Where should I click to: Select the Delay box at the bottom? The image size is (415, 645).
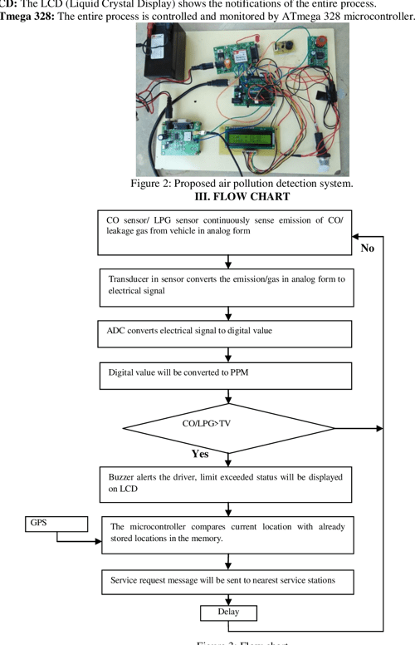[228, 613]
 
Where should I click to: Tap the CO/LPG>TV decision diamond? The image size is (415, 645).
[227, 428]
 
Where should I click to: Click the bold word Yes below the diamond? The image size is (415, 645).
[199, 454]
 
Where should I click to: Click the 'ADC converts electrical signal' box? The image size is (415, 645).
[224, 333]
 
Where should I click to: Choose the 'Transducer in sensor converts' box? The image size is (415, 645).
[224, 286]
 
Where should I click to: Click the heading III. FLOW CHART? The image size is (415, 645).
[242, 196]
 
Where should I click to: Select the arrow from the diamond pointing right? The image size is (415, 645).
[378, 428]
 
